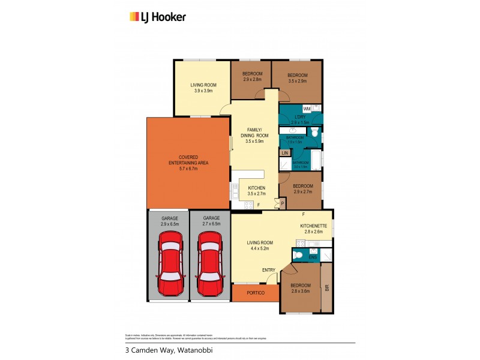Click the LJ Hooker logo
point(158,17)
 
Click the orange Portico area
point(255,293)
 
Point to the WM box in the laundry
point(306,109)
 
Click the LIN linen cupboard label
point(284,154)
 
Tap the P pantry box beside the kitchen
point(282,204)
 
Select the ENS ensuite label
point(312,258)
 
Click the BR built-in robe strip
point(327,288)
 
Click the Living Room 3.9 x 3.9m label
point(203,88)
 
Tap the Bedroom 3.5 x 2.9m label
point(297,78)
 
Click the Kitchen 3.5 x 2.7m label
point(256,191)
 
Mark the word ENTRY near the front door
point(268,270)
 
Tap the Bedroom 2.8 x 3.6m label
point(301,288)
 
